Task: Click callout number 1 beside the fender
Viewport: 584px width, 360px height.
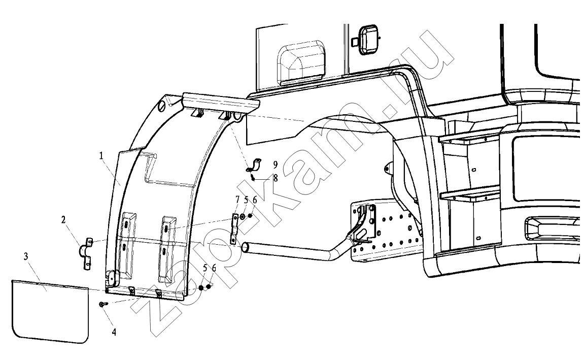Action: [x=101, y=156]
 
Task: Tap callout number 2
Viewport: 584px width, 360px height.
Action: [x=64, y=220]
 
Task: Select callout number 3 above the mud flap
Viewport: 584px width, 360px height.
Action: [x=26, y=256]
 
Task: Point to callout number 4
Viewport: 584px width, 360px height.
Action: [x=114, y=332]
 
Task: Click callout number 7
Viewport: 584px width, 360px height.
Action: [x=237, y=200]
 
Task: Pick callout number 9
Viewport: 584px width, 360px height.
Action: [x=275, y=165]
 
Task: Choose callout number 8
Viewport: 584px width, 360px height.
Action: [x=275, y=178]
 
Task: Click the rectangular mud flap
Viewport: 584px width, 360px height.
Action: [x=50, y=311]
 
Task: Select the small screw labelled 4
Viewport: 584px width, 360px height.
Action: [x=102, y=305]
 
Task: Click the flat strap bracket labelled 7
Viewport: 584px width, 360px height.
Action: [x=234, y=228]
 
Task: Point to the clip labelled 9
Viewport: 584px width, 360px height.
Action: [x=254, y=165]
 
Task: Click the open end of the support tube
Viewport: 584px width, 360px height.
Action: [x=246, y=248]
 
